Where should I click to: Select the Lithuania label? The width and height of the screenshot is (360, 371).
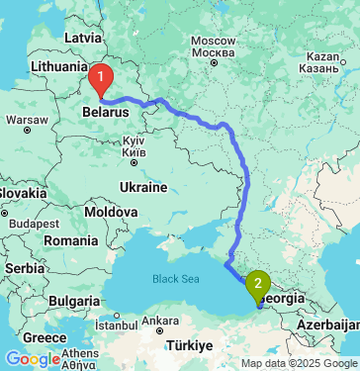pos(60,66)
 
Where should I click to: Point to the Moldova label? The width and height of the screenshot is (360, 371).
pos(110,213)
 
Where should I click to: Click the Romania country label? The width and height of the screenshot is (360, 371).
pos(71,240)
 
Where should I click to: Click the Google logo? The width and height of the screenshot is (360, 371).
pos(33,358)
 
